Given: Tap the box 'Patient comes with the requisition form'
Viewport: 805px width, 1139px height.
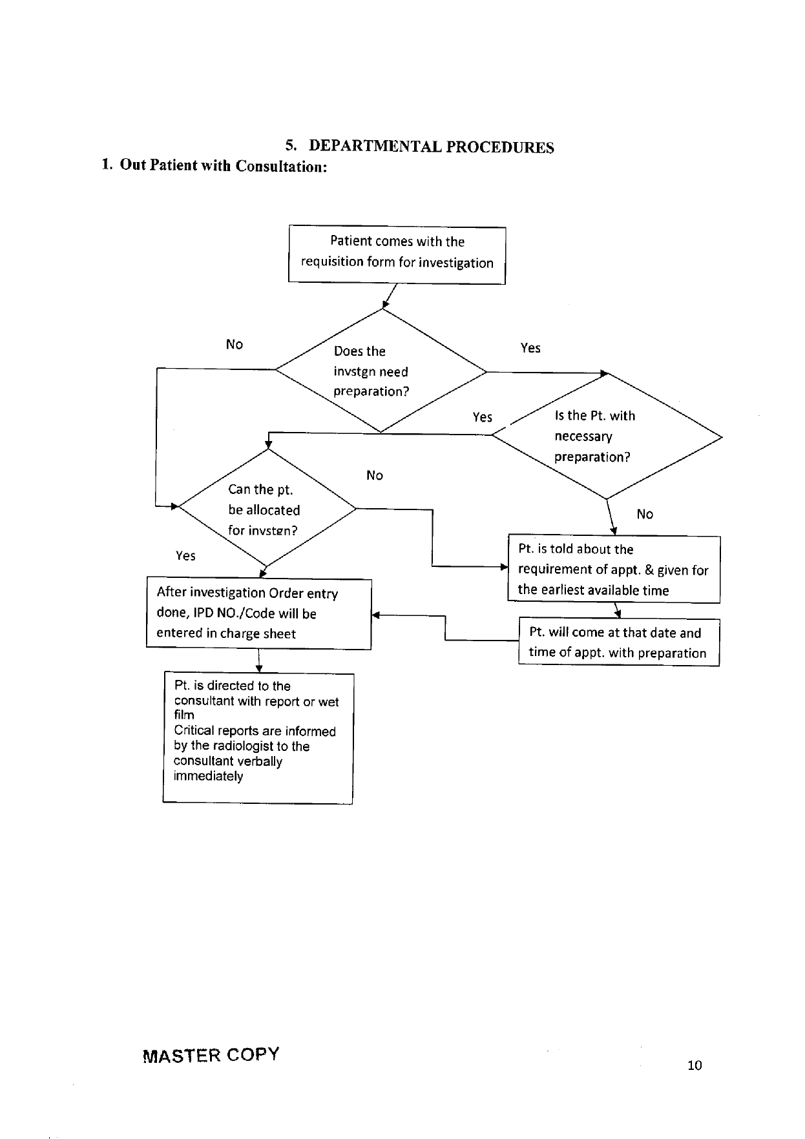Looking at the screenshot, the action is tap(397, 254).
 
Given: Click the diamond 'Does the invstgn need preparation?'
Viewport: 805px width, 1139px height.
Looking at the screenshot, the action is tap(381, 370).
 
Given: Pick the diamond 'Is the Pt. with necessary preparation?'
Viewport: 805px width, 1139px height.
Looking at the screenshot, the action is tap(607, 436).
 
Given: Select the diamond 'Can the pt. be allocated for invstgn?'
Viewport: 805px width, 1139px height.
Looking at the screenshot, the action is tap(267, 508).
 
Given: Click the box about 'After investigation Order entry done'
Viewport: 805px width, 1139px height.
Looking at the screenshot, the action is tap(259, 613).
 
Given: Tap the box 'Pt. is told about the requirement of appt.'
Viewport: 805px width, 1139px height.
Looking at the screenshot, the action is tap(614, 569).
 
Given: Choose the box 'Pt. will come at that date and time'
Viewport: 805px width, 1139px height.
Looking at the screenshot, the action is tap(619, 642).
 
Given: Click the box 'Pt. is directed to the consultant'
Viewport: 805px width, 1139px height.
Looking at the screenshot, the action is tap(258, 738).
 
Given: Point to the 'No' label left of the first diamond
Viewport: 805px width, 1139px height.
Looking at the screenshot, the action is tap(235, 344).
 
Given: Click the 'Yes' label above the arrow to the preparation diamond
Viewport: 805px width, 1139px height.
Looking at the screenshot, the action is tap(530, 348).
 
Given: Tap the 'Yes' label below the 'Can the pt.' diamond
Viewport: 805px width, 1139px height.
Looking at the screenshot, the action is tap(185, 556).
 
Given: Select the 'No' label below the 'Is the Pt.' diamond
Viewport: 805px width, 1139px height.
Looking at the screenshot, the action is tap(645, 514).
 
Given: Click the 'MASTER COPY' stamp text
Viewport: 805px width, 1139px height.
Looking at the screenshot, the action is tap(211, 1055).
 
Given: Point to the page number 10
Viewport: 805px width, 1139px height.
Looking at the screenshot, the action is tap(695, 1065).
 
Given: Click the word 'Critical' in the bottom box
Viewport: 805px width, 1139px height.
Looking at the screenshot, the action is tap(193, 731).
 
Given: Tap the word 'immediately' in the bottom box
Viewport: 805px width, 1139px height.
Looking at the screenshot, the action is tap(209, 776).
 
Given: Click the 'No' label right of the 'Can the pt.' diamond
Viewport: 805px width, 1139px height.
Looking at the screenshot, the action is tap(375, 475).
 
